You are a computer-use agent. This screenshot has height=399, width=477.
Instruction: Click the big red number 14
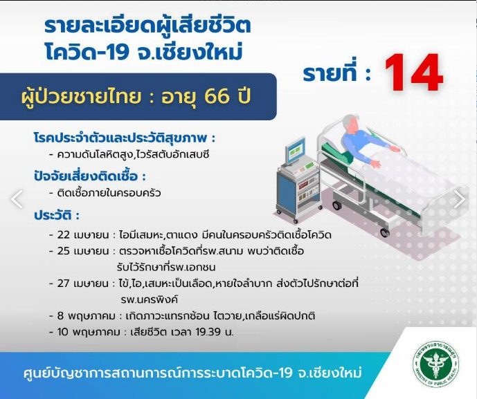413,73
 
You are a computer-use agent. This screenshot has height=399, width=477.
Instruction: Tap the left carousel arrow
17,199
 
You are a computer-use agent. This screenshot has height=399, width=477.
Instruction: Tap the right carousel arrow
460,199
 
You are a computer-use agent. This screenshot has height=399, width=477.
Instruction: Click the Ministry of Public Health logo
436,364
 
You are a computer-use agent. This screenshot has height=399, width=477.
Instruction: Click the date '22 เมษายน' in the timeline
83,235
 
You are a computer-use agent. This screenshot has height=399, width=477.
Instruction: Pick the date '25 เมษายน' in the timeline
83,251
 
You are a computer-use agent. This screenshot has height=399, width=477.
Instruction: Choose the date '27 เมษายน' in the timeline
83,284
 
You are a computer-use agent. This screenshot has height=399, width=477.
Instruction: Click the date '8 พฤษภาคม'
87,316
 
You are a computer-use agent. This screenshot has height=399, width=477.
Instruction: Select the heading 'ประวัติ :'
57,215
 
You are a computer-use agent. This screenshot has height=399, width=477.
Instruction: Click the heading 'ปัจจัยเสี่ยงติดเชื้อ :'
90,176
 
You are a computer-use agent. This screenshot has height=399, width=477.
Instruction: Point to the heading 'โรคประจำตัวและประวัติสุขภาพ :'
125,138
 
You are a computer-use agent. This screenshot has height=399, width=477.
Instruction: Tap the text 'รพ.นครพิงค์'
149,300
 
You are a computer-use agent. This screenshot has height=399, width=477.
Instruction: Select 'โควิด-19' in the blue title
87,52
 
